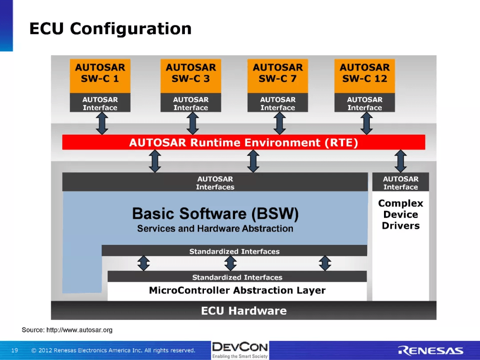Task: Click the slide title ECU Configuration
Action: (x=111, y=29)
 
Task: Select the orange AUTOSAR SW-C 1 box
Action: (x=100, y=76)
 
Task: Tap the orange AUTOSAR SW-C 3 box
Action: (x=191, y=76)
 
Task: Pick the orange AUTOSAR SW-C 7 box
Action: (x=278, y=76)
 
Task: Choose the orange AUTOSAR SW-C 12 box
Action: (x=364, y=76)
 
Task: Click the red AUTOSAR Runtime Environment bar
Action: (x=244, y=142)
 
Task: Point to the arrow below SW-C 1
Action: (x=102, y=123)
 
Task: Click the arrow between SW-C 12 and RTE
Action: (x=366, y=123)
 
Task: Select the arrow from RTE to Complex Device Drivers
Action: (x=400, y=161)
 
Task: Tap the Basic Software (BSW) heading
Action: (x=215, y=213)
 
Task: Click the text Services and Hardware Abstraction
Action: (x=215, y=229)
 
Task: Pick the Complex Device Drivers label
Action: (x=401, y=214)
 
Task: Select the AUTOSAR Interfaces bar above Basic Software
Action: (x=215, y=182)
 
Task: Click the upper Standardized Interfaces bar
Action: (x=234, y=251)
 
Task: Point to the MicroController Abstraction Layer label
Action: (x=237, y=290)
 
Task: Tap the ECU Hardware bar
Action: (x=244, y=310)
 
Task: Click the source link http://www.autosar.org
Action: (x=80, y=330)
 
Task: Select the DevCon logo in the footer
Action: (x=240, y=350)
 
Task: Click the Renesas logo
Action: (x=430, y=351)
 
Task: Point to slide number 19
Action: (x=15, y=350)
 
